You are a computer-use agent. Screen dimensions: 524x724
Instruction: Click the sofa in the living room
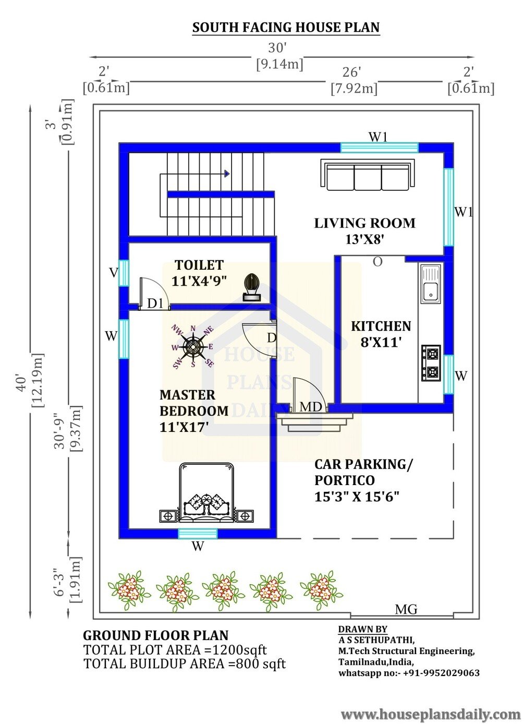pos(368,175)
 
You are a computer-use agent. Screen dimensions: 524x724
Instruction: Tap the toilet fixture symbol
pos(252,287)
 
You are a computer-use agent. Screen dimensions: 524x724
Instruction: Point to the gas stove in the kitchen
pos(431,363)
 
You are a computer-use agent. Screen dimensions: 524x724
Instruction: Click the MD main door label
pos(310,407)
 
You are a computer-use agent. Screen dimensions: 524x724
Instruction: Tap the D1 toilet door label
pos(155,304)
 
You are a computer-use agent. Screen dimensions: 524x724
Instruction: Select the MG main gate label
pos(406,609)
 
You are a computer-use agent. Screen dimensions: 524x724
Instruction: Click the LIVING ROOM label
pos(365,223)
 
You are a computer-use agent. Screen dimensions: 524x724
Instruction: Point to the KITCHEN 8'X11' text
pos(381,334)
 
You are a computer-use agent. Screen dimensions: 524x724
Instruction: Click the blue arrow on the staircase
pos(227,174)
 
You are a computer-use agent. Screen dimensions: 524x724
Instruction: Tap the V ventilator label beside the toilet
pos(113,273)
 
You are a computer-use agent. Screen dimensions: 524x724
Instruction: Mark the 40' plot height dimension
pos(21,382)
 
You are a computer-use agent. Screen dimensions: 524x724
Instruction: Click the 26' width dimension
pos(351,72)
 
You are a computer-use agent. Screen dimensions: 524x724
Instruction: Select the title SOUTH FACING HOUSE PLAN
pos(286,28)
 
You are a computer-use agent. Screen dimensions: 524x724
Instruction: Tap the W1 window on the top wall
pos(380,148)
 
